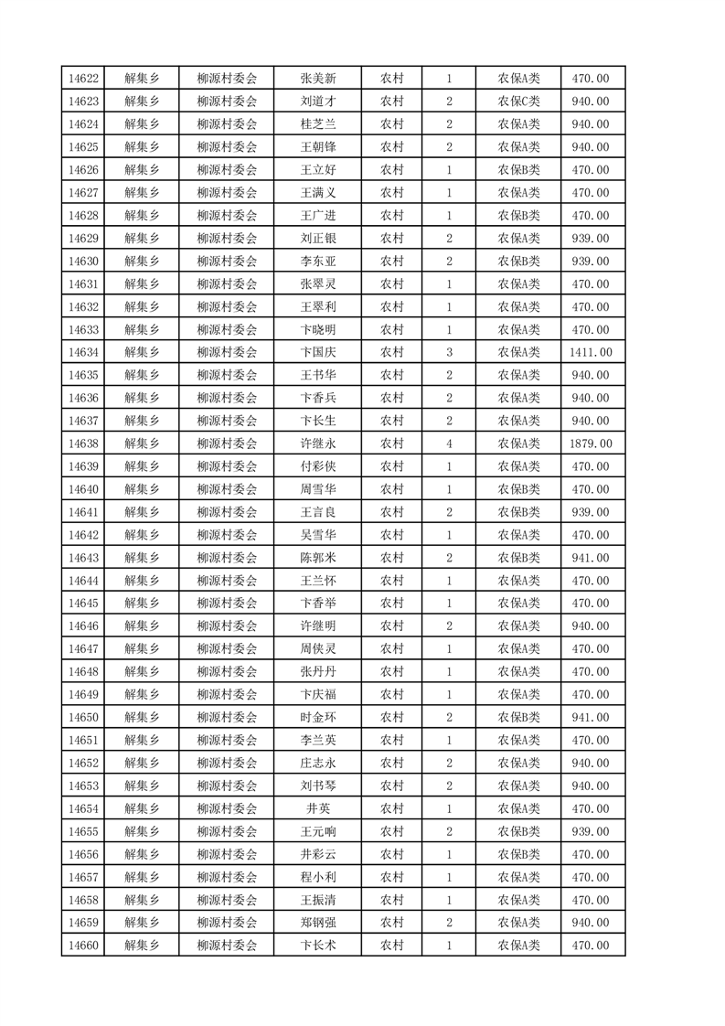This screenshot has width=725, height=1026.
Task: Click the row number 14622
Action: [83, 79]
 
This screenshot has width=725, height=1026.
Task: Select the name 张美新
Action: [317, 79]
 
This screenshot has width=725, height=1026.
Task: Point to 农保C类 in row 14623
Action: [518, 102]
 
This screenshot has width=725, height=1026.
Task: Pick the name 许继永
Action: [317, 444]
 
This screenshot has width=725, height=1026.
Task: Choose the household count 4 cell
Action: [449, 444]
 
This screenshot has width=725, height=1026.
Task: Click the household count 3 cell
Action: [449, 352]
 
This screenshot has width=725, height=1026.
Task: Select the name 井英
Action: [317, 808]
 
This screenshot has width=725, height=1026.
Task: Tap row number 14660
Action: [83, 946]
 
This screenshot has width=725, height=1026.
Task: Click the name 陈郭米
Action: [317, 558]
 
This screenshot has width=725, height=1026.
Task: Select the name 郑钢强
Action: [317, 923]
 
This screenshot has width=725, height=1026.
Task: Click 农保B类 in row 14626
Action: [518, 170]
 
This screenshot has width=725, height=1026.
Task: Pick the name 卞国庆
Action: [317, 352]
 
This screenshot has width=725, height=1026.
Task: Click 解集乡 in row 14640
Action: [142, 489]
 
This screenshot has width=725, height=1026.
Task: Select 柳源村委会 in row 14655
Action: [228, 831]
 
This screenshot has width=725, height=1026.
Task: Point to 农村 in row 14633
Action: [391, 329]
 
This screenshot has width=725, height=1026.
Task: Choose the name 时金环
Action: [317, 717]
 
